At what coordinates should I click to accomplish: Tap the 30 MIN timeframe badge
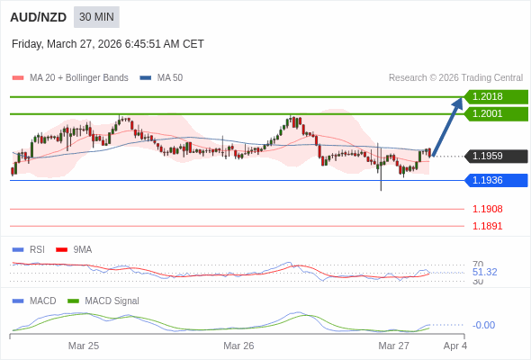[x=96, y=17]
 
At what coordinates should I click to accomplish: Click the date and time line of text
[x=108, y=43]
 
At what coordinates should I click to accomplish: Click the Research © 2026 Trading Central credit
[x=455, y=78]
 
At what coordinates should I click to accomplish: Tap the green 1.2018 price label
[x=495, y=96]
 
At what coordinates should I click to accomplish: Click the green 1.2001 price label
[x=495, y=113]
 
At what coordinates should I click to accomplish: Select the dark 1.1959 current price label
[x=495, y=156]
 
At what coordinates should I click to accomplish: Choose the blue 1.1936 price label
[x=495, y=180]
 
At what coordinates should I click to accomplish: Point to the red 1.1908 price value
[x=487, y=209]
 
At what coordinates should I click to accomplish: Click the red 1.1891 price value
[x=487, y=226]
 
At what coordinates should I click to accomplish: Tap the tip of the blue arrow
[x=462, y=98]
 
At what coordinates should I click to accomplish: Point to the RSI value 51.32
[x=484, y=272]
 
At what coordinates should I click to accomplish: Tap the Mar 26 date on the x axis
[x=238, y=346]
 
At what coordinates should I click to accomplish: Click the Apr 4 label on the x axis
[x=455, y=346]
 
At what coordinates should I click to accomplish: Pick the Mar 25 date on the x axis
[x=84, y=346]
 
